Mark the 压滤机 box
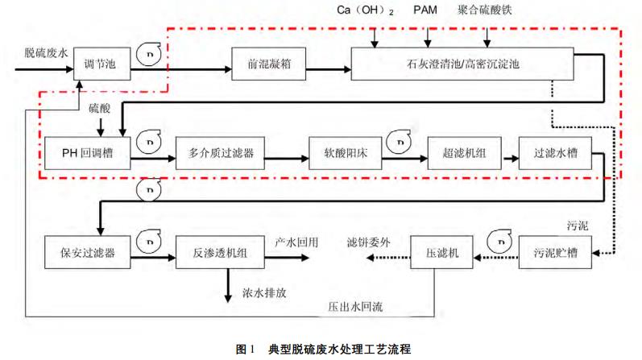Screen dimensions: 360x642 tap(441, 253)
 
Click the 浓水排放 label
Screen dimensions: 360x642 tap(263, 293)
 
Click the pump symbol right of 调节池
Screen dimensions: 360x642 tap(149, 53)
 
